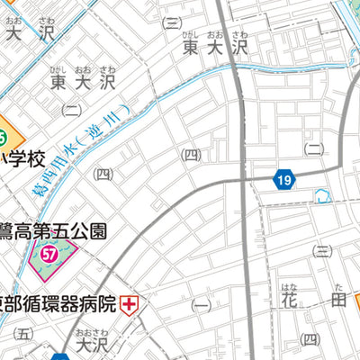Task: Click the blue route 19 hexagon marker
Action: pos(284,181)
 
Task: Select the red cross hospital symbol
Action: pos(130,303)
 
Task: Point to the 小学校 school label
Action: pos(22,159)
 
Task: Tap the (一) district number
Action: pos(200,306)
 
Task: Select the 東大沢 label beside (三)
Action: pos(214,46)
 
